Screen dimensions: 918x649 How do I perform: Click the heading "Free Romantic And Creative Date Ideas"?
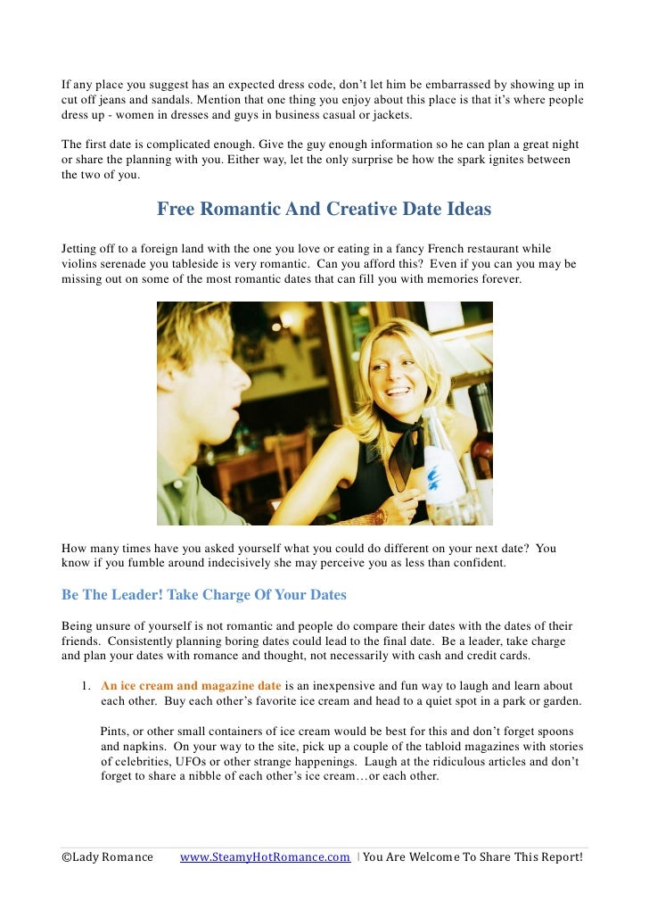[324, 210]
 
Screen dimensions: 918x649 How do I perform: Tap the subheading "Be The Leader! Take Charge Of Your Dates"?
[203, 594]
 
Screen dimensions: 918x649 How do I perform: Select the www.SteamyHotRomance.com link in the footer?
[265, 857]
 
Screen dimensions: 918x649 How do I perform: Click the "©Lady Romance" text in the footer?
[107, 857]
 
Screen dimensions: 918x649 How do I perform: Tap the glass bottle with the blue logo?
[442, 464]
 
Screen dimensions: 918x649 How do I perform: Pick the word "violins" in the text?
[80, 264]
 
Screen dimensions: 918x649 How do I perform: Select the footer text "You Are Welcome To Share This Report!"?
[472, 857]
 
